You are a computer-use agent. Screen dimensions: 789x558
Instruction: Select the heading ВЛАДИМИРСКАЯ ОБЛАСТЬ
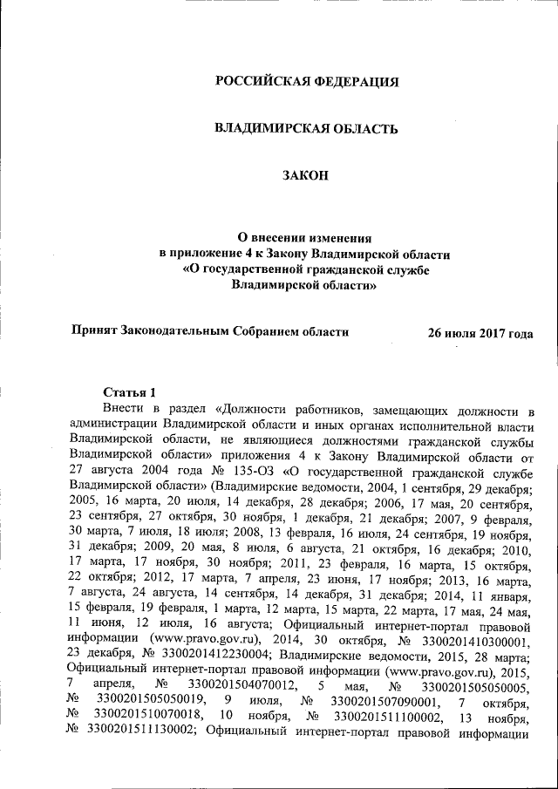306,129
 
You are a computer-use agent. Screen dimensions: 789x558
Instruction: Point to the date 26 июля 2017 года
480,332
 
